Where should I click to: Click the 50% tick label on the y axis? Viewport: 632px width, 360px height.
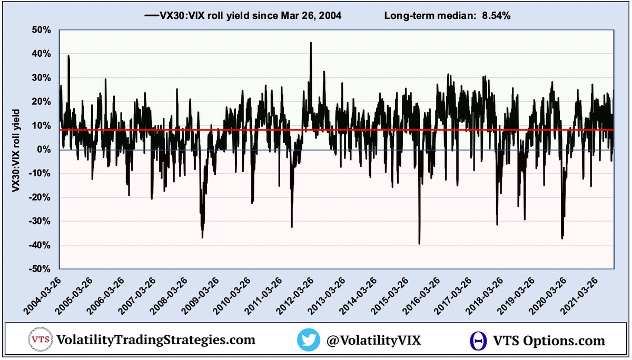(x=40, y=30)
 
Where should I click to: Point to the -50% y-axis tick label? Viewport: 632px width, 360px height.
(x=38, y=269)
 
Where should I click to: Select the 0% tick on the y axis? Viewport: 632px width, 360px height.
(x=43, y=149)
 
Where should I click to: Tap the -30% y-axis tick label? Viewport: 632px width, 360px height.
(x=38, y=221)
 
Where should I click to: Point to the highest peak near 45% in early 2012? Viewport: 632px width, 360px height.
(x=311, y=43)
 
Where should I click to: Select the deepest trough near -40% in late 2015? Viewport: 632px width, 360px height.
(x=419, y=243)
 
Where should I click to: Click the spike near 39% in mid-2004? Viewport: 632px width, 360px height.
(x=68, y=56)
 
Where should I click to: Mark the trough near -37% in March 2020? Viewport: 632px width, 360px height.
(x=562, y=238)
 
